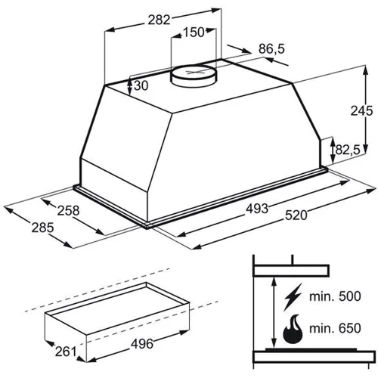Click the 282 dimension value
tap(159, 20)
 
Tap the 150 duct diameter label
tap(194, 33)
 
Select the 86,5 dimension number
tap(271, 48)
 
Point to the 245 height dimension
tap(361, 110)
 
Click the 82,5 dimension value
tap(348, 150)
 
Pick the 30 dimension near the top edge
tap(141, 85)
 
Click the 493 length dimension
tap(257, 209)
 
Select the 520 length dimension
tap(296, 215)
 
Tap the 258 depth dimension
tap(68, 211)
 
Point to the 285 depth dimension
tap(42, 228)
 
